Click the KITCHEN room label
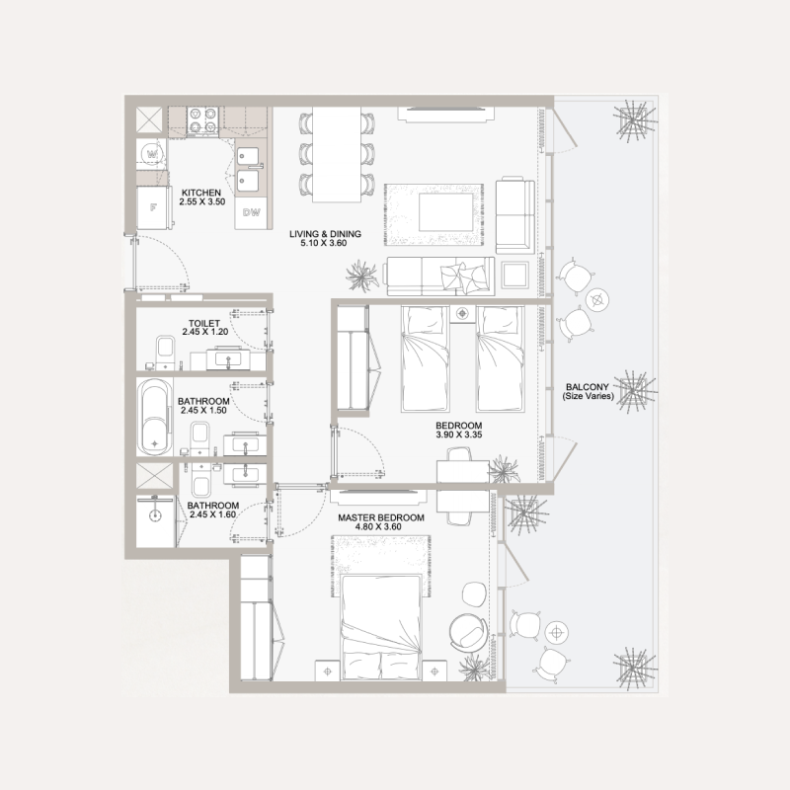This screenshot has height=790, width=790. click(x=201, y=192)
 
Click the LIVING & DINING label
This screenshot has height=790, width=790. click(x=325, y=234)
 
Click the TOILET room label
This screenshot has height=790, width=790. click(x=203, y=323)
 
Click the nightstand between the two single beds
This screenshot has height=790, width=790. click(x=462, y=315)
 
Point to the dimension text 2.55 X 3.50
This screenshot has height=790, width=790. click(x=201, y=201)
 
